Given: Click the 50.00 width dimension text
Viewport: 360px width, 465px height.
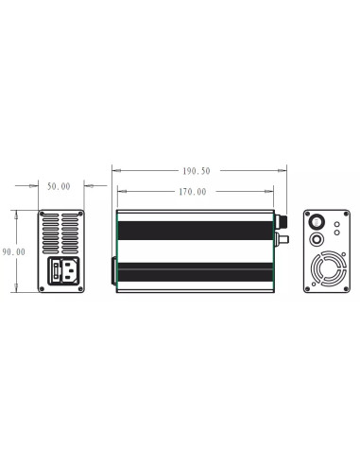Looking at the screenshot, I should click(x=59, y=186).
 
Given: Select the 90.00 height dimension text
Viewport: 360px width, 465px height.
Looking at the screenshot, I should click(x=13, y=251).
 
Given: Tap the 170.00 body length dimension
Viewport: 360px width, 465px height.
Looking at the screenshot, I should click(x=192, y=191).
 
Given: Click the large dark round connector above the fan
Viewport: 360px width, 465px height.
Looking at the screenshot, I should click(x=320, y=222).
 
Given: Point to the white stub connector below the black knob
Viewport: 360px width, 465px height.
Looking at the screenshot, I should click(x=281, y=242).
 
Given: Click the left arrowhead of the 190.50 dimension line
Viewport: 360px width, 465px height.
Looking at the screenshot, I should click(x=114, y=171).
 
